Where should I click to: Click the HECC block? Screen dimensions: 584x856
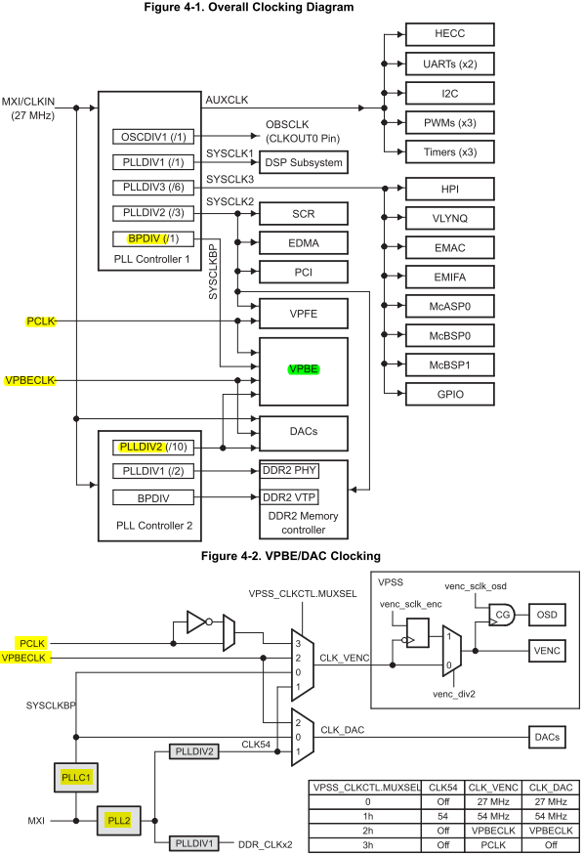click(450, 34)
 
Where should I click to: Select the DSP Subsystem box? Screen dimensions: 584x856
click(304, 162)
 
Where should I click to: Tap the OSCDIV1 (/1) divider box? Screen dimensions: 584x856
click(153, 137)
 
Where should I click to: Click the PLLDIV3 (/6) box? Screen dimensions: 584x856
click(153, 188)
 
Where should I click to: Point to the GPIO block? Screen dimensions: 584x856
click(450, 394)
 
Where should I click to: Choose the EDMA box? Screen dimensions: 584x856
click(304, 243)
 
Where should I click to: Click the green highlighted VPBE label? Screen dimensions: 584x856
click(304, 369)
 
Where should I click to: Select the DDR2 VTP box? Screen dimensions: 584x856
click(289, 497)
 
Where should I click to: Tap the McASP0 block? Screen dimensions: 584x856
click(450, 306)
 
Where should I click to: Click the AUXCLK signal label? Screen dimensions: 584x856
click(227, 100)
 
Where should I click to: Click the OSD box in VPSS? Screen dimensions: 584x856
click(547, 615)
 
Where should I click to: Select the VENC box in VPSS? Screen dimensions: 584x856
click(547, 651)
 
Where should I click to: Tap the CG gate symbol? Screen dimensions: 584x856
click(502, 615)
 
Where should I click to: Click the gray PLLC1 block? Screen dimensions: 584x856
click(76, 778)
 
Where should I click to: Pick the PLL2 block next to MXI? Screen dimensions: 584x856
click(119, 821)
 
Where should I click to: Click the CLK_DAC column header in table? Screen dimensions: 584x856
click(551, 788)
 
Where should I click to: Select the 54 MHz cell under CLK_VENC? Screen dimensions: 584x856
click(493, 816)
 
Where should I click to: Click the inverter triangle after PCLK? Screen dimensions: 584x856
click(197, 621)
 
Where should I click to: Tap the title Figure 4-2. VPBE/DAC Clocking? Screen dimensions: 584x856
click(291, 556)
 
